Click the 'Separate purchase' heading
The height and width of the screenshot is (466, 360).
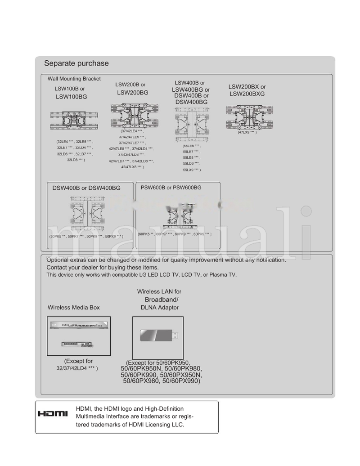click(x=76, y=63)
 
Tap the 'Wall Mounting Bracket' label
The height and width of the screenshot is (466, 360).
click(x=74, y=79)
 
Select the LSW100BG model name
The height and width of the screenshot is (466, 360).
click(x=72, y=97)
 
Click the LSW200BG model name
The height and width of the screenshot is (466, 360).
click(x=133, y=93)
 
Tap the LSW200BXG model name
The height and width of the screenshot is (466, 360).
click(x=247, y=94)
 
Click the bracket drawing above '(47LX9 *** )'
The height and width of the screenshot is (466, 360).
click(x=247, y=117)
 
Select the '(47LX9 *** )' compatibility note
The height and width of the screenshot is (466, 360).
click(x=247, y=133)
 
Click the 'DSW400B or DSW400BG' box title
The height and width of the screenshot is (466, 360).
click(x=86, y=188)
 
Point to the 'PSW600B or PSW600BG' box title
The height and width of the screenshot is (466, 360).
click(x=171, y=188)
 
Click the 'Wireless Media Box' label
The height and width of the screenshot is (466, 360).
click(x=74, y=308)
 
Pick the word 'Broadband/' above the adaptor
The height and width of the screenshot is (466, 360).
click(x=162, y=300)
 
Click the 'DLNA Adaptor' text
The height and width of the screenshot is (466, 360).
click(x=160, y=308)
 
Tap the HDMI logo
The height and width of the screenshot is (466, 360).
click(x=53, y=413)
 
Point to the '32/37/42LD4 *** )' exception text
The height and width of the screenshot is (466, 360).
click(x=76, y=368)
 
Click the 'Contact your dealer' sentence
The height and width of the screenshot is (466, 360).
click(x=103, y=267)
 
